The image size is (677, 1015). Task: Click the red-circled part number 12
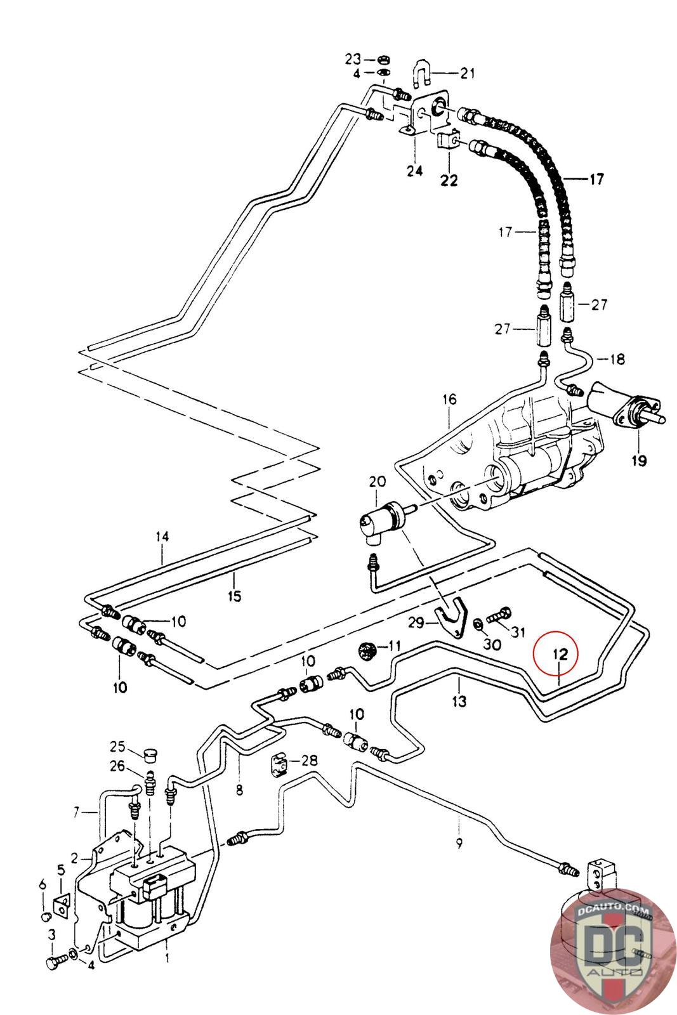[x=556, y=653]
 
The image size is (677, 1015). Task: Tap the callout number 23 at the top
[x=353, y=60]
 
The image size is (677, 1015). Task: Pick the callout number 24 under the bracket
[x=414, y=171]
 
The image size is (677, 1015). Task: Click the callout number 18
[x=617, y=359]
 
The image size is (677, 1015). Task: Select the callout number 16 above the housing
[x=449, y=399]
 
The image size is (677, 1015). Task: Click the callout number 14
[x=162, y=537]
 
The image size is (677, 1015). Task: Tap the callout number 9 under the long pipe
[x=459, y=844]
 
